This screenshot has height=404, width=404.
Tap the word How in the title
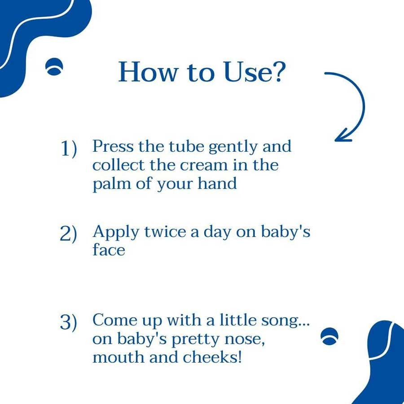tap(148, 72)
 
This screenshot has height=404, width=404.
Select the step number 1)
tap(69, 149)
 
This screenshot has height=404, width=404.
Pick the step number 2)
tap(68, 234)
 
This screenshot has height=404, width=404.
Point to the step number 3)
tap(68, 322)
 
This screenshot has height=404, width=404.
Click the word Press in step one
tap(113, 146)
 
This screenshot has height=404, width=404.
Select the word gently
tap(233, 147)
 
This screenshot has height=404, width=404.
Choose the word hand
tap(217, 183)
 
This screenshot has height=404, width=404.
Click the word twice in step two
tap(165, 232)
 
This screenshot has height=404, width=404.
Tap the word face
tap(109, 250)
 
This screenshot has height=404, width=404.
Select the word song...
tap(285, 321)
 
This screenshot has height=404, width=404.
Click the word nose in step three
tap(245, 339)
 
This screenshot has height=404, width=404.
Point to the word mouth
tap(119, 357)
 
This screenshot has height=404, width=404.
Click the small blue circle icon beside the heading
tap(54, 66)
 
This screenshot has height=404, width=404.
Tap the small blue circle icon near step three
tap(329, 337)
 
